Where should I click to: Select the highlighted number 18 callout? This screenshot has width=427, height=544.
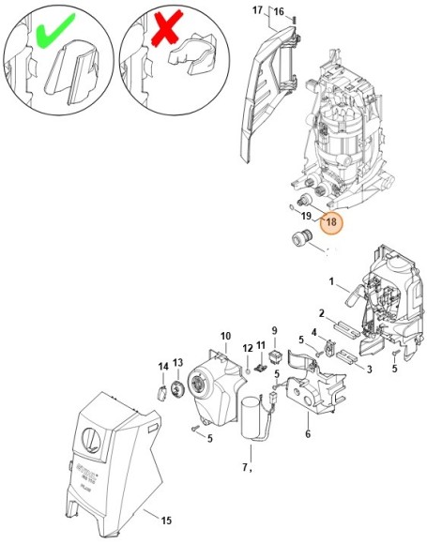pyautogui.click(x=330, y=223)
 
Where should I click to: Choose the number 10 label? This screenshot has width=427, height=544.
pyautogui.click(x=225, y=336)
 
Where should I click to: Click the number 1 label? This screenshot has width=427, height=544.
pyautogui.click(x=330, y=281)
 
